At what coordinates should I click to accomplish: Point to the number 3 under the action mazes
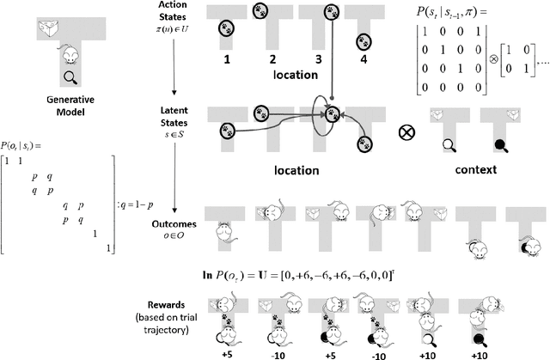click(318, 61)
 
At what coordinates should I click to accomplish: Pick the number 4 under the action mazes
click(364, 61)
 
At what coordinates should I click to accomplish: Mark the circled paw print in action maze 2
click(260, 11)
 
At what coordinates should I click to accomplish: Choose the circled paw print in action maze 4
click(364, 40)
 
